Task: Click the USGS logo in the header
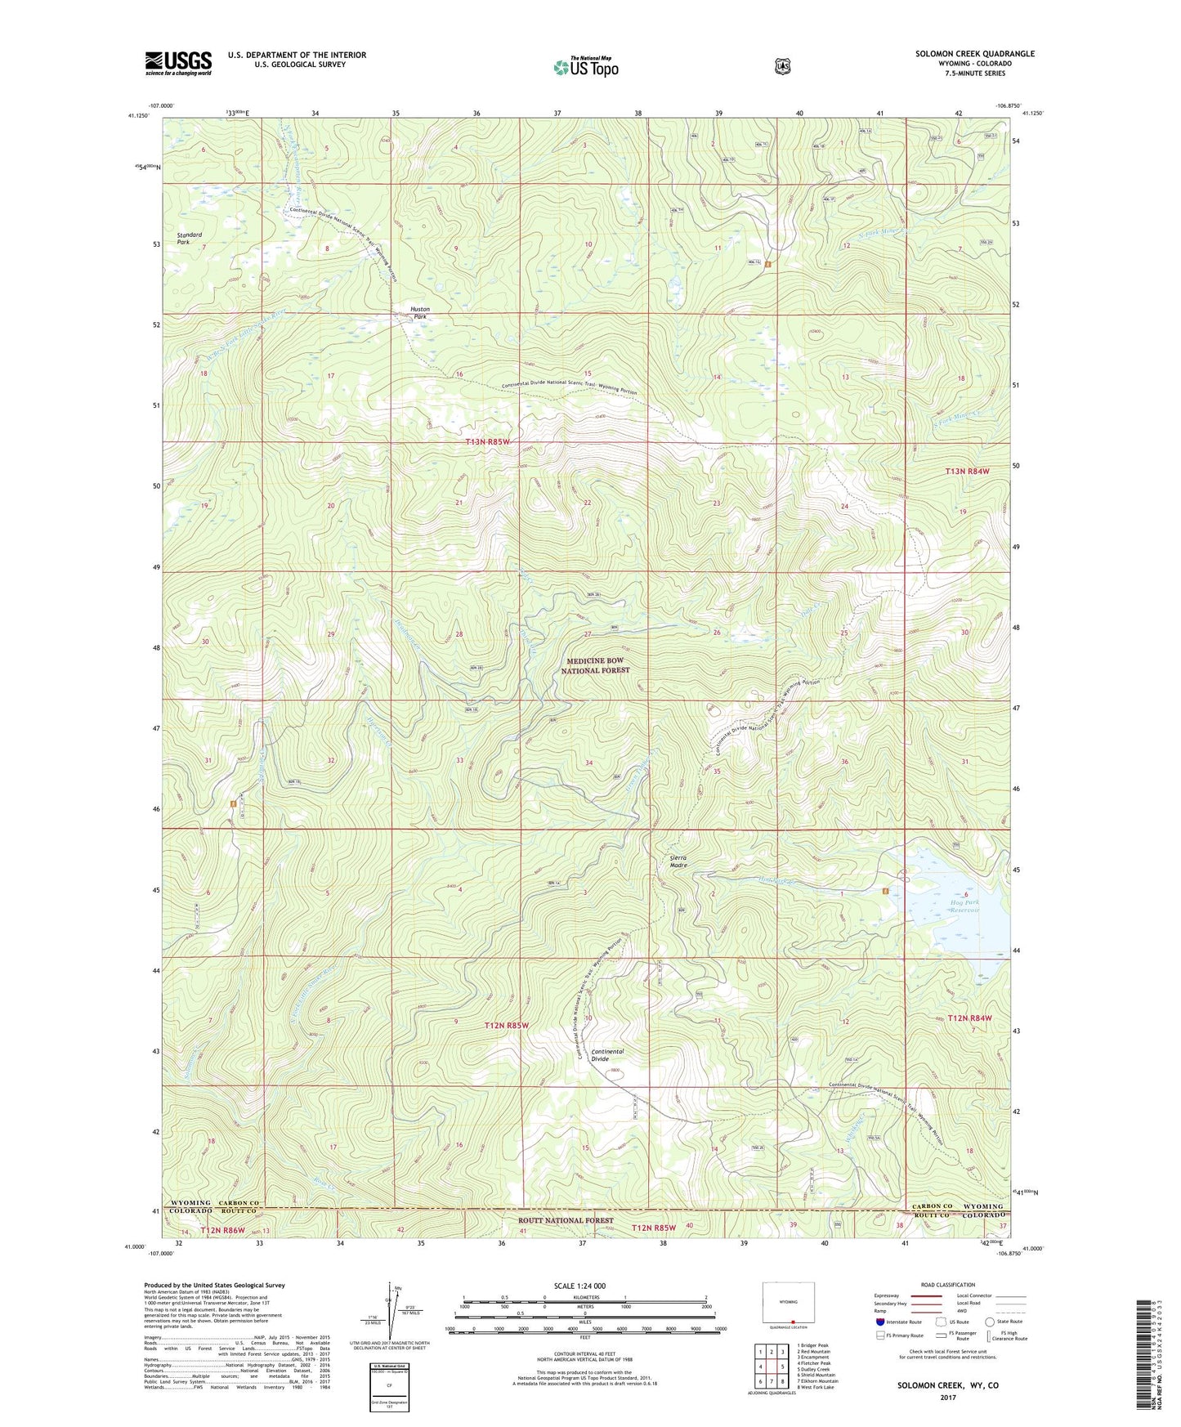(178, 63)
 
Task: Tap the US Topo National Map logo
(584, 67)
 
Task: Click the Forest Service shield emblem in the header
(783, 66)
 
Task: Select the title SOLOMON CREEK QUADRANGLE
(974, 54)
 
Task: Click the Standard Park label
(190, 239)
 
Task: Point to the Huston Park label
(419, 313)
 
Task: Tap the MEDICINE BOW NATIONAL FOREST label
(595, 665)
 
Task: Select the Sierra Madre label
(678, 861)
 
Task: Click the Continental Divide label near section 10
(606, 1055)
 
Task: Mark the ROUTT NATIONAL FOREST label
(566, 1220)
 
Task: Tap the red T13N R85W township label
(487, 442)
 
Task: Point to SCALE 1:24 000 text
(579, 1286)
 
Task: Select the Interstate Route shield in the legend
(879, 1322)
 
